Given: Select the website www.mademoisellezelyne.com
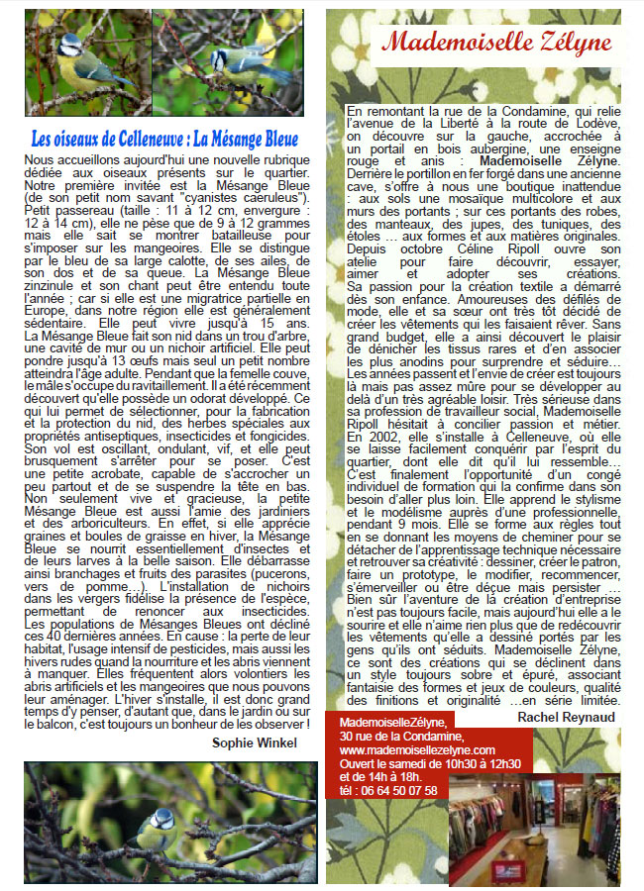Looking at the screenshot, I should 416,749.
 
